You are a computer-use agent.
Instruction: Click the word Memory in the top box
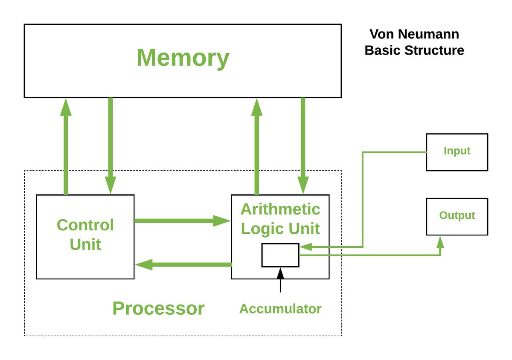[x=183, y=58]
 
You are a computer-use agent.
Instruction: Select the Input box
[x=457, y=152]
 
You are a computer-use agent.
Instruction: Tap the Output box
[x=457, y=216]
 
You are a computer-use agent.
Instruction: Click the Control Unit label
[x=85, y=235]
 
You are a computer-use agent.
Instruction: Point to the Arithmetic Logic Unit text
[x=280, y=219]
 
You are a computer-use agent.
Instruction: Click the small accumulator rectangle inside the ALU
[x=280, y=255]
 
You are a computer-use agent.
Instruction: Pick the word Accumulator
[x=280, y=309]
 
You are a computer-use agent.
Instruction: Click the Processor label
[x=158, y=308]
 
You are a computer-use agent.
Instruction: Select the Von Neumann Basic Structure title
[x=414, y=42]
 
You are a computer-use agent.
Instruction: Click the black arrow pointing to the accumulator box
[x=280, y=279]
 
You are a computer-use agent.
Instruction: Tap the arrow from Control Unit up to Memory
[x=65, y=145]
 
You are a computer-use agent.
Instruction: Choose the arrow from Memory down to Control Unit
[x=111, y=145]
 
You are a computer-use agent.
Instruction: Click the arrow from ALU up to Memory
[x=256, y=145]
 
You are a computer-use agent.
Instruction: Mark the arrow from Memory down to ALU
[x=303, y=145]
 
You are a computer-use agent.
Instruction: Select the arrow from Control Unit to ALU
[x=182, y=221]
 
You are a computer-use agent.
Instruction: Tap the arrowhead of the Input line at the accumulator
[x=305, y=247]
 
